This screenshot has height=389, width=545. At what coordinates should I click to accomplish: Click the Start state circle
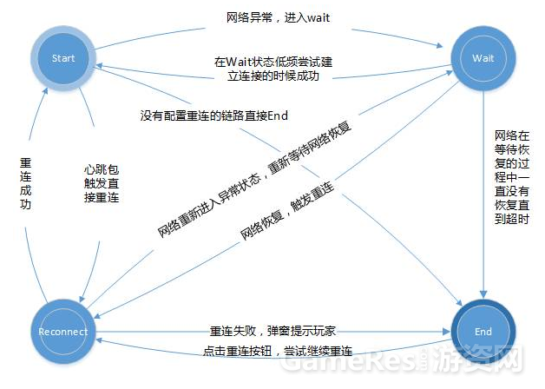(64, 59)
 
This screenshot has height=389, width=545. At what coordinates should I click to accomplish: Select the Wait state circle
(483, 59)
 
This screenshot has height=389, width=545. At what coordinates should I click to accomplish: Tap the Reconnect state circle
(64, 332)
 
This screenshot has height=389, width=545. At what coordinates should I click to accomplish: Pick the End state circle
(483, 332)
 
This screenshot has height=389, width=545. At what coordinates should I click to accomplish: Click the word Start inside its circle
(64, 59)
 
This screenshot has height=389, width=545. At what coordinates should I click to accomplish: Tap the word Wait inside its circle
(483, 59)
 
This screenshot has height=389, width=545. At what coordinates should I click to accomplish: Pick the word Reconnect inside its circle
(64, 332)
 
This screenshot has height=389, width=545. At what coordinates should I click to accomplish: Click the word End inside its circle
(483, 332)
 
